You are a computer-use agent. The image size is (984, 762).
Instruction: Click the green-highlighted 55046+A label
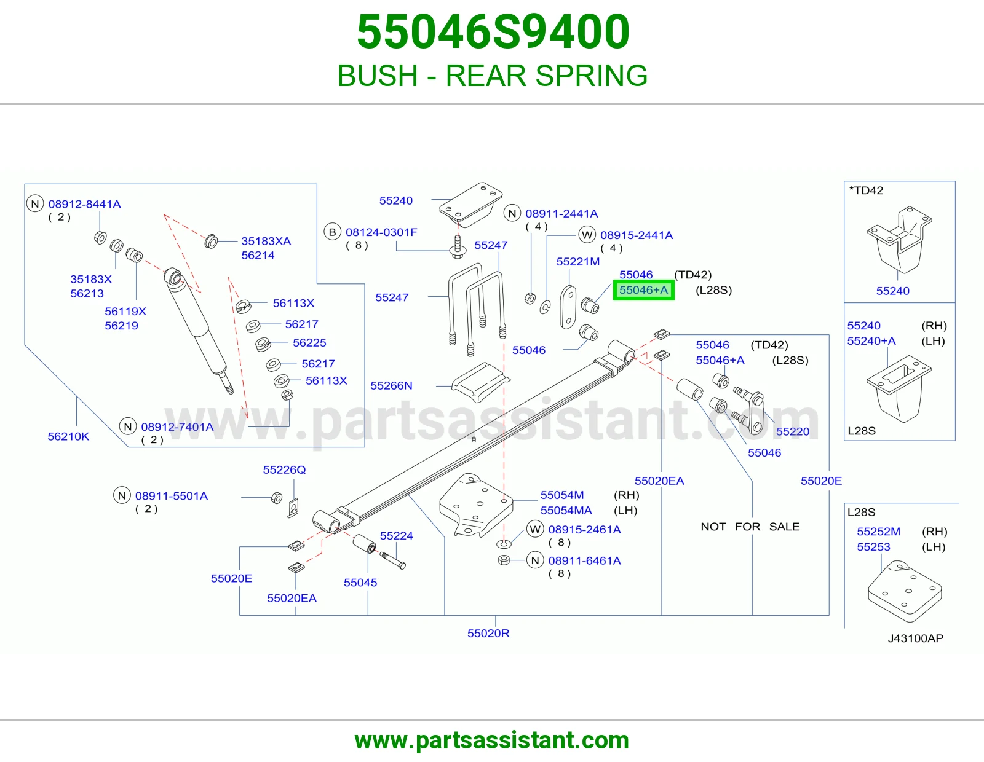coord(643,290)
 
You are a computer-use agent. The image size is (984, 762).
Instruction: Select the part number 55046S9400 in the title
coord(493,31)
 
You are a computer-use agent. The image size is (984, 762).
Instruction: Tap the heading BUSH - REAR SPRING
coord(492,75)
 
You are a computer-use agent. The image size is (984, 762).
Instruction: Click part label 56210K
coord(68,437)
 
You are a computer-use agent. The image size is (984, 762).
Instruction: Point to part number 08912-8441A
coord(85,204)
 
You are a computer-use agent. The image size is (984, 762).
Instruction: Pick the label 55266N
coord(391,385)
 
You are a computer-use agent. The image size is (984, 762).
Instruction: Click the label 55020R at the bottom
coord(488,633)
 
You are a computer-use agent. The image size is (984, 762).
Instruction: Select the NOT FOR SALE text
coord(750,527)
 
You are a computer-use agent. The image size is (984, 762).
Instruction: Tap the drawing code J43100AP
coord(916,638)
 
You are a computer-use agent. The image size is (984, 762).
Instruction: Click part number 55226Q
coord(284,469)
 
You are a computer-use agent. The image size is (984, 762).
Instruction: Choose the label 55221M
coord(578,262)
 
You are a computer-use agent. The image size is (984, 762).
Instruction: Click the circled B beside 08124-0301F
coord(332,232)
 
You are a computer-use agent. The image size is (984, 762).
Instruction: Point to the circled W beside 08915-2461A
coord(535,530)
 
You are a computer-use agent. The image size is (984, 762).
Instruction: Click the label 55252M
coord(878,532)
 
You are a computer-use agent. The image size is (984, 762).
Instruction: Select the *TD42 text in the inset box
coord(866,190)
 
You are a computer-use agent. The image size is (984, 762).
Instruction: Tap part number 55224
coord(396,536)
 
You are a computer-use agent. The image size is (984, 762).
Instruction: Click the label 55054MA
coord(566,511)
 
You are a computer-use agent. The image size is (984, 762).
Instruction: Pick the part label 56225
coord(309,342)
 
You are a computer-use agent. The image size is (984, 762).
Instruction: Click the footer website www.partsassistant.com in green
coord(492,740)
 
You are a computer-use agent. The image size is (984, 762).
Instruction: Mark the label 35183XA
coord(266,241)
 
